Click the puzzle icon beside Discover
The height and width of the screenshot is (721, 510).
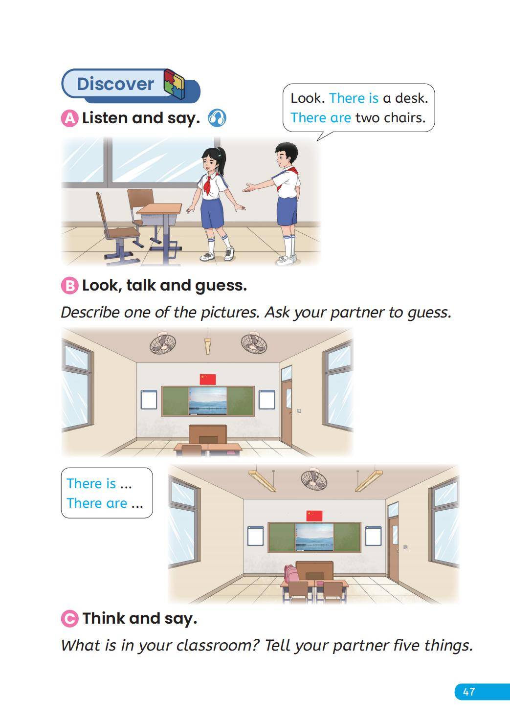pyautogui.click(x=175, y=83)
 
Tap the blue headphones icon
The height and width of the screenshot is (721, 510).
pyautogui.click(x=217, y=118)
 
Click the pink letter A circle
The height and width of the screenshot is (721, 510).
pyautogui.click(x=69, y=118)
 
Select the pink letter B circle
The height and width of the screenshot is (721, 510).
pyautogui.click(x=69, y=286)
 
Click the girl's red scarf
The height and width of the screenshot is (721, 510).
pyautogui.click(x=208, y=184)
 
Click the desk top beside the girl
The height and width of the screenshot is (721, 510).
pyautogui.click(x=159, y=208)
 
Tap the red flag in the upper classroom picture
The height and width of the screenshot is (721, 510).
pyautogui.click(x=207, y=379)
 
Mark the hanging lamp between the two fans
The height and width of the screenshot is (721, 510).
pyautogui.click(x=207, y=345)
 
